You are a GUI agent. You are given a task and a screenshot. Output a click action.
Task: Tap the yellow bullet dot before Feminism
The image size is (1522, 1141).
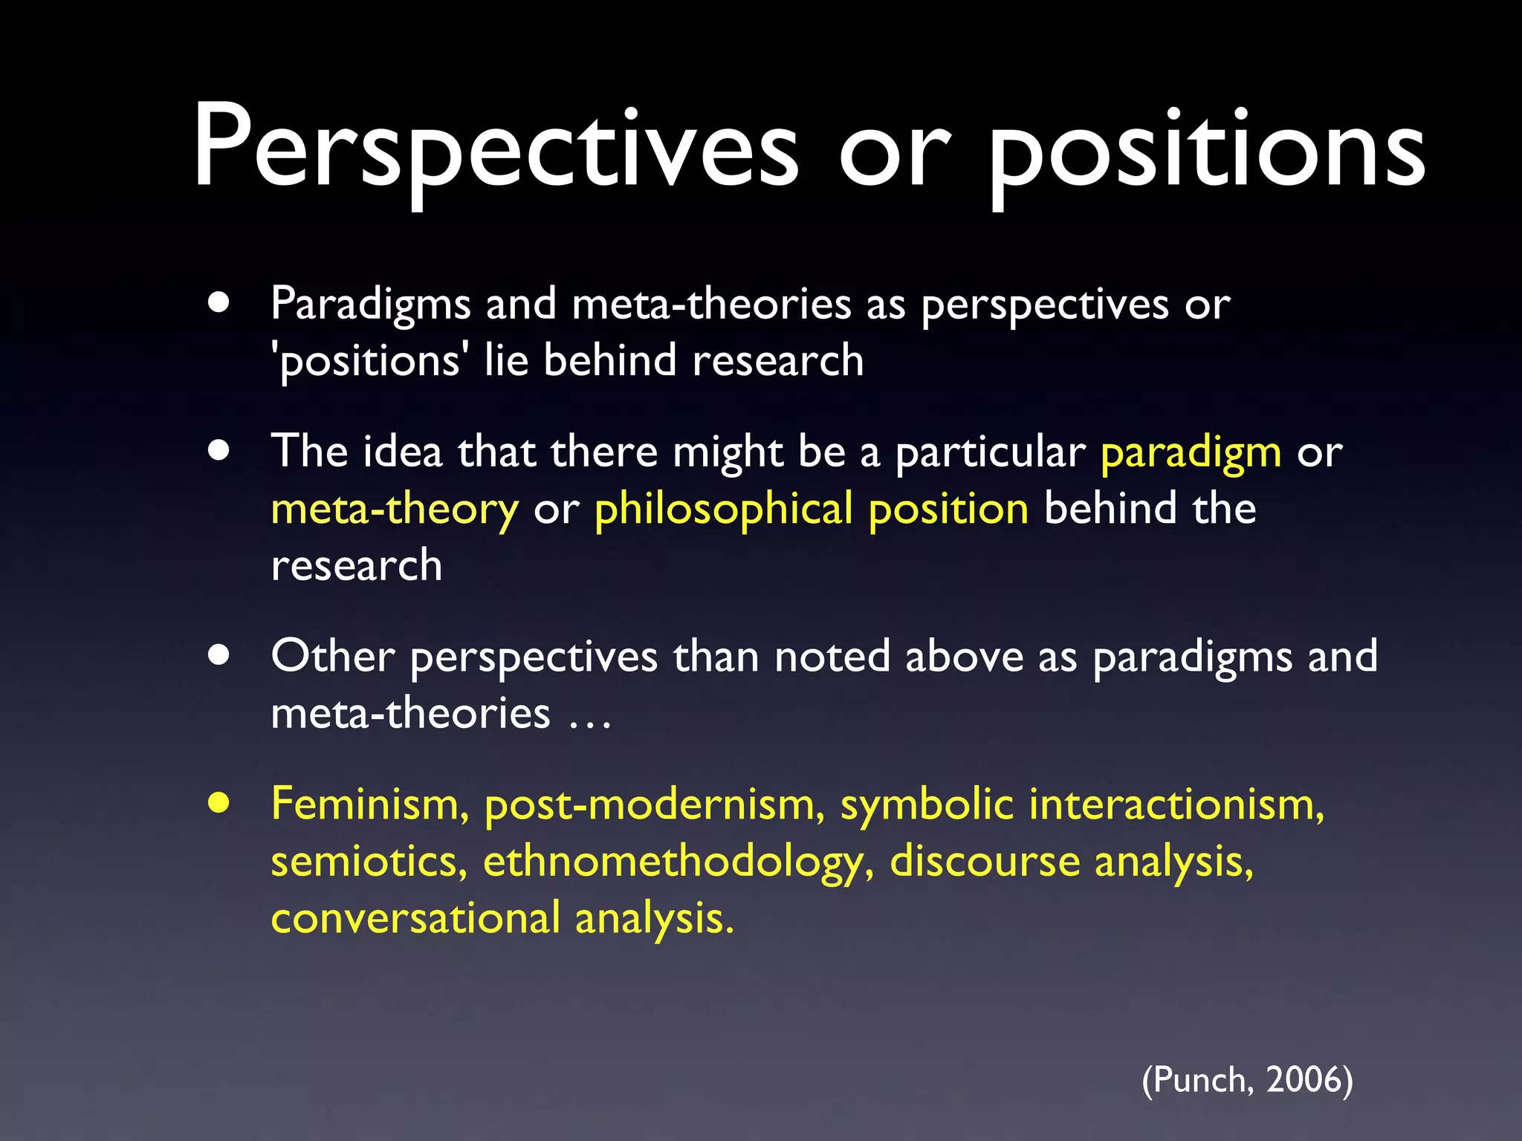pyautogui.click(x=218, y=803)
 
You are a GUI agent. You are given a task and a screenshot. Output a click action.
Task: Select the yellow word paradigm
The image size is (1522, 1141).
pyautogui.click(x=1191, y=453)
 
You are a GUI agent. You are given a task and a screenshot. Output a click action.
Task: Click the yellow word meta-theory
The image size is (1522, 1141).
pyautogui.click(x=395, y=510)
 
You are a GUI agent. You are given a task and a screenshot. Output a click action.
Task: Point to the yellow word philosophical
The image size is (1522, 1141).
pyautogui.click(x=724, y=510)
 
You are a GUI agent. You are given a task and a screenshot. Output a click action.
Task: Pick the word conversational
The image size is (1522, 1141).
pyautogui.click(x=415, y=919)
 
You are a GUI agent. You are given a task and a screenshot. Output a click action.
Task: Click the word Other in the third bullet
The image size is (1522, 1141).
pyautogui.click(x=332, y=657)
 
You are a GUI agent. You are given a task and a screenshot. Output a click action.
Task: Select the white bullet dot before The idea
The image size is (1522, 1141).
pyautogui.click(x=218, y=450)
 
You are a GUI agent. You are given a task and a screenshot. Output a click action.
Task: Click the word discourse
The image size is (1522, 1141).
pyautogui.click(x=985, y=862)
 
